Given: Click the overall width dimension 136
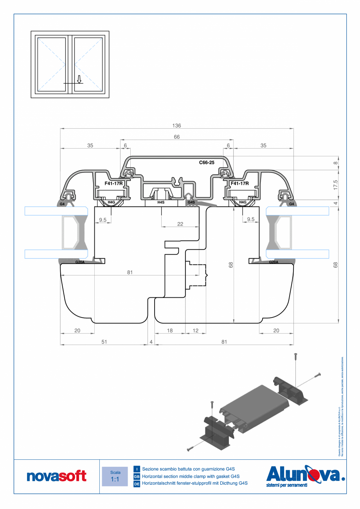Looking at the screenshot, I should [x=176, y=126].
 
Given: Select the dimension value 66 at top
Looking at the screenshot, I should [x=176, y=137].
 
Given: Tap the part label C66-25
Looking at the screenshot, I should [x=206, y=162].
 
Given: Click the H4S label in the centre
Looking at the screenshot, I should [x=161, y=202].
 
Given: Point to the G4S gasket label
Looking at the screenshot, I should [x=191, y=202].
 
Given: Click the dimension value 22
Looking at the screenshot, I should [x=180, y=224].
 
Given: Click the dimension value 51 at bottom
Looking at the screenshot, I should [x=104, y=342].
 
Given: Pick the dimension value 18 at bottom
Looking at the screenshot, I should [x=170, y=331].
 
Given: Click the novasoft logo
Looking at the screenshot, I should [x=57, y=476].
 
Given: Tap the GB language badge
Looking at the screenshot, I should [x=137, y=477].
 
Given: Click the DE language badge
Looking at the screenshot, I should [x=137, y=484].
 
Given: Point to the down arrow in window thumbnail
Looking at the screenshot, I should [x=79, y=79].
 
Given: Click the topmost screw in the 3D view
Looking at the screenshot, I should [x=296, y=356].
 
